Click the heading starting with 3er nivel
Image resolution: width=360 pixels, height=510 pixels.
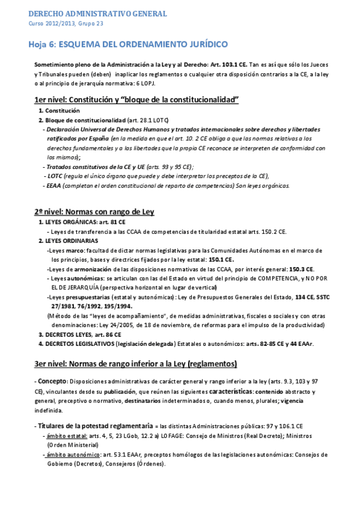pyautogui.click(x=136, y=363)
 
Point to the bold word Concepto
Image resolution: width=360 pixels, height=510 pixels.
pyautogui.click(x=53, y=382)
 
